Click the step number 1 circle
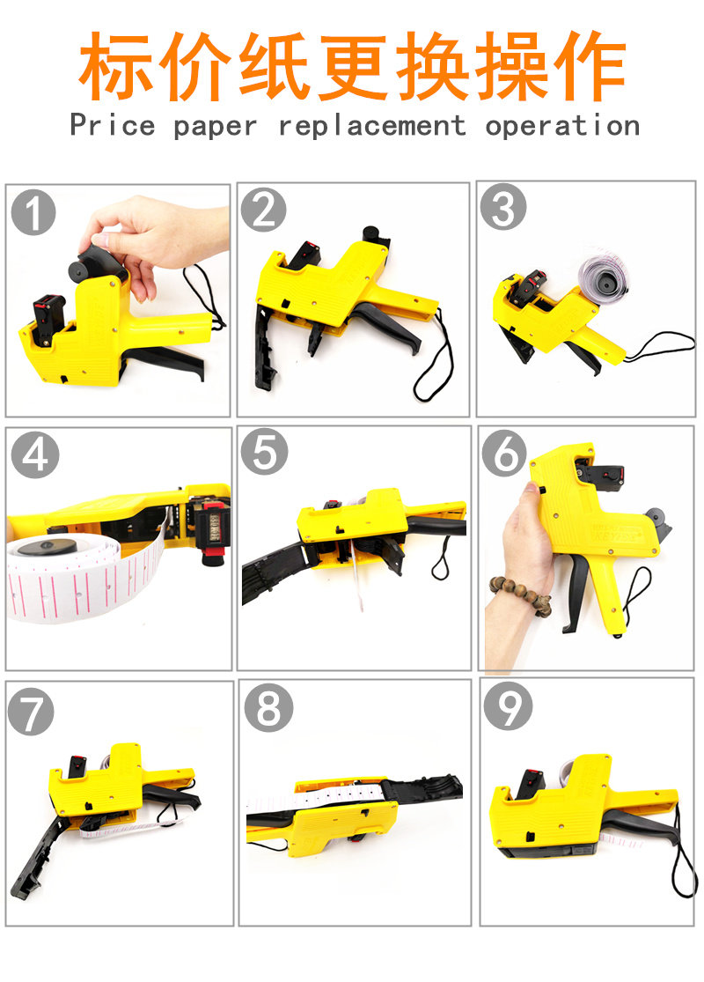33,212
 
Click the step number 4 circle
34,454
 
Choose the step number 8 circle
268,707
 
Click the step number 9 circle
508,705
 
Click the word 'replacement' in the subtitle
371,126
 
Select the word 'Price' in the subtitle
112,125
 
